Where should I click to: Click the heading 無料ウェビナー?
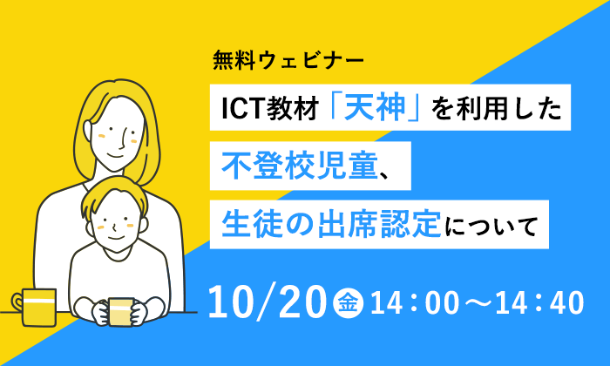[x=288, y=61]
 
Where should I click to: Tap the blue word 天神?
[x=375, y=108]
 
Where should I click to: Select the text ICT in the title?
[x=243, y=108]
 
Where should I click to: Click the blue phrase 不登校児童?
[x=300, y=166]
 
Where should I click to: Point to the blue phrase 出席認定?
[x=379, y=225]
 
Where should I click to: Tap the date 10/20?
[x=268, y=302]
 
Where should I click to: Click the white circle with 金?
[x=349, y=303]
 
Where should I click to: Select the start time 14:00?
[x=415, y=303]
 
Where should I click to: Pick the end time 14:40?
[x=539, y=303]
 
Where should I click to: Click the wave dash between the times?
[x=478, y=303]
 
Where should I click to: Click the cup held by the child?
[x=121, y=312]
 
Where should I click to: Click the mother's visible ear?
[x=88, y=131]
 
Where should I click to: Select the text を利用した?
[x=497, y=108]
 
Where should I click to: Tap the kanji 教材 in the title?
[x=293, y=108]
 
